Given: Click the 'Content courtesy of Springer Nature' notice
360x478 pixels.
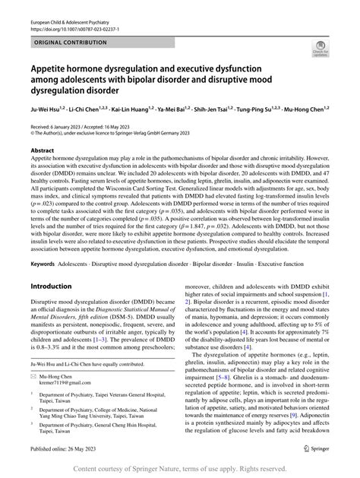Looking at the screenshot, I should click(x=180, y=468).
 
